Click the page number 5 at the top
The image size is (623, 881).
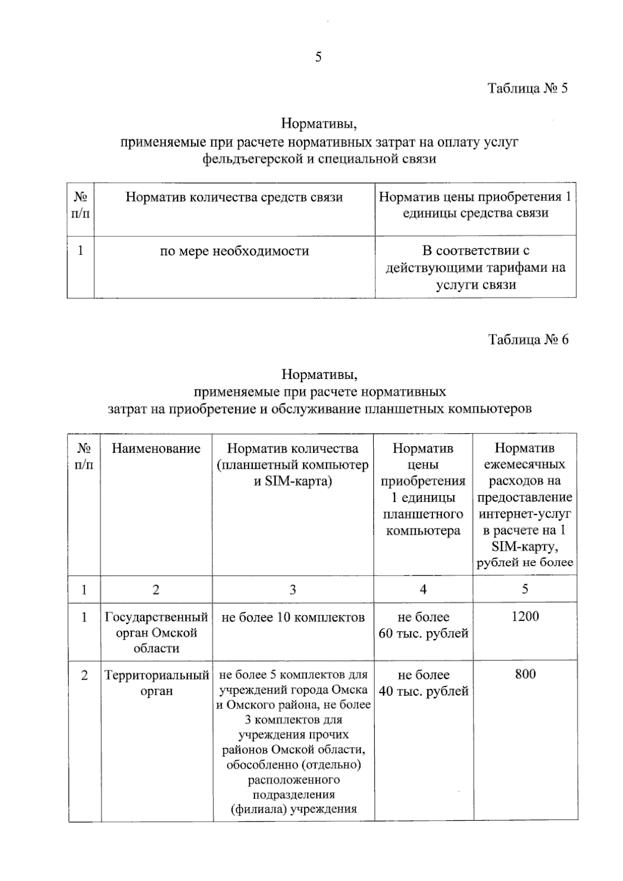[x=318, y=57]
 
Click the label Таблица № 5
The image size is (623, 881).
[x=527, y=88]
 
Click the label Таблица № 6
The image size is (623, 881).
[x=528, y=340]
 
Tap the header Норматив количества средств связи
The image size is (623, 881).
[x=234, y=197]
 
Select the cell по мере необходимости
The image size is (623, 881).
[x=234, y=251]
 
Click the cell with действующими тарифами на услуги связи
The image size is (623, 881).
[x=476, y=268]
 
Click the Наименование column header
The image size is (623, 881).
[x=156, y=449]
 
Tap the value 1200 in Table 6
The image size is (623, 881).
[x=525, y=616]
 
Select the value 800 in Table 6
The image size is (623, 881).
[x=525, y=674]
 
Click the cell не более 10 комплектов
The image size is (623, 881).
[x=293, y=617]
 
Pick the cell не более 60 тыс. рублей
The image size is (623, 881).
[x=423, y=625]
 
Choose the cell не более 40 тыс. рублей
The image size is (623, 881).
[x=423, y=683]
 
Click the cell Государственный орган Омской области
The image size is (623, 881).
[x=156, y=632]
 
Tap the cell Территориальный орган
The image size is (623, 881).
[x=156, y=683]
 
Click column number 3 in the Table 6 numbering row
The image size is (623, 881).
[x=293, y=590]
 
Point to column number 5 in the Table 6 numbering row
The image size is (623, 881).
[x=525, y=589]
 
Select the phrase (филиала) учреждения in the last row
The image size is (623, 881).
[x=293, y=809]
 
